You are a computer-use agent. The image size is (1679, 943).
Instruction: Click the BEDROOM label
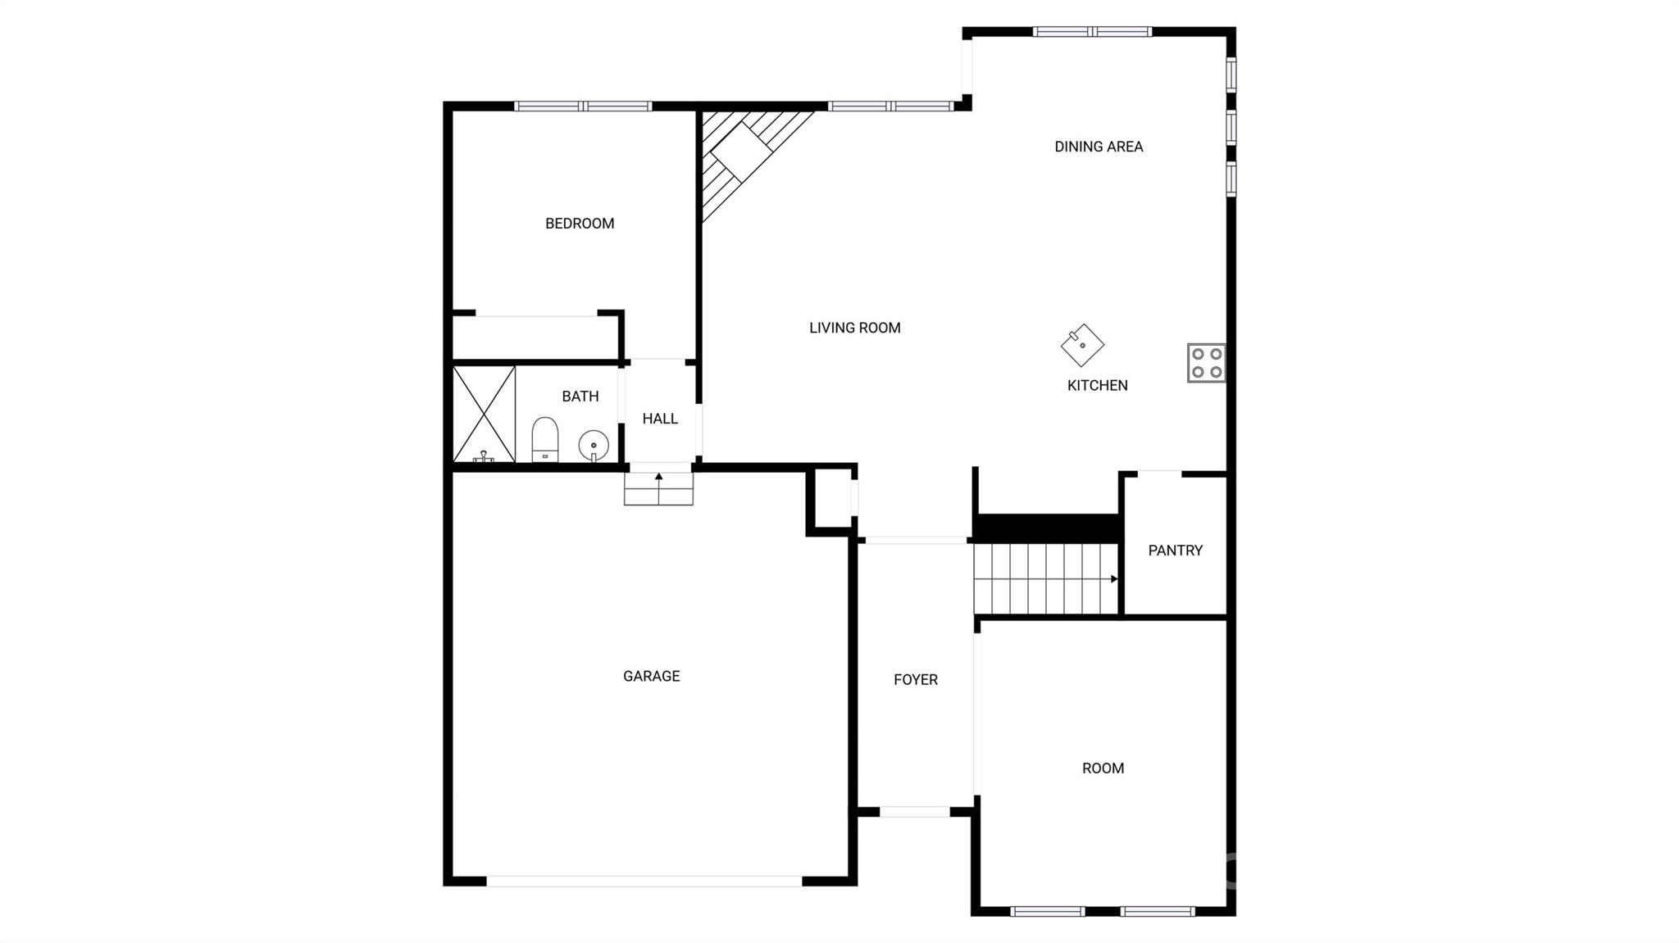point(580,224)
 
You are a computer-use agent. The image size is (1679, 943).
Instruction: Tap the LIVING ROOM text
point(854,328)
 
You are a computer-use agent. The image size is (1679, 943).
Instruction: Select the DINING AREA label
point(1098,147)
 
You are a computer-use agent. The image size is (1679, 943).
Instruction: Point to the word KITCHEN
point(1097,385)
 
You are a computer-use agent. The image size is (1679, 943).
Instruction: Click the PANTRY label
point(1175,551)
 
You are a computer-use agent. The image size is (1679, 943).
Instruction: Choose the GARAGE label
point(651,676)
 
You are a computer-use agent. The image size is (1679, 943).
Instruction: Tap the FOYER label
point(915,679)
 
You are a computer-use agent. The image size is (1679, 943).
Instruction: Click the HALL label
point(660,419)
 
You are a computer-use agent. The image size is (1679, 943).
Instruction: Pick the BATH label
point(580,397)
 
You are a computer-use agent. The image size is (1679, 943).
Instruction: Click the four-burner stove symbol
point(1206,363)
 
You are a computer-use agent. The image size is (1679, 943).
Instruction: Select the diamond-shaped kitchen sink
point(1082,345)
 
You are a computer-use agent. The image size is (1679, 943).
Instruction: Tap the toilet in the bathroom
point(545,439)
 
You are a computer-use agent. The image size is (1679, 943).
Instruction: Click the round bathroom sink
point(594,446)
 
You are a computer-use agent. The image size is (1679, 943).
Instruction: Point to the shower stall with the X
point(485,414)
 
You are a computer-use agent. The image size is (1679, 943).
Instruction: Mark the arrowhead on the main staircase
point(1113,579)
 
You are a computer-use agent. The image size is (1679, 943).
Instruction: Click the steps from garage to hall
point(658,489)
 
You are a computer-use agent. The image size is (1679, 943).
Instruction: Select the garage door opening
point(644,882)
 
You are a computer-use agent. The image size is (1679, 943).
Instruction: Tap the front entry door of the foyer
point(914,812)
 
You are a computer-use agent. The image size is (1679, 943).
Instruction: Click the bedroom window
point(583,106)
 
